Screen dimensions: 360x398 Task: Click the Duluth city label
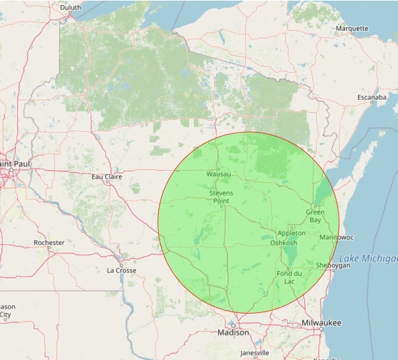71,7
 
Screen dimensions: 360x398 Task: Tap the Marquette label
352,29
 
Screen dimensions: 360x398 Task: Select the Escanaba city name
372,97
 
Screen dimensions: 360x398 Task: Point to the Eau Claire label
107,177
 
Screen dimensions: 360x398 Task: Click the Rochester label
49,243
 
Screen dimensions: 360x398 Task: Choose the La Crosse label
122,271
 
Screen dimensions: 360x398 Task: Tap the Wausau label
219,174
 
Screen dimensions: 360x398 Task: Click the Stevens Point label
221,197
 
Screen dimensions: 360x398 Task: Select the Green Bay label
315,216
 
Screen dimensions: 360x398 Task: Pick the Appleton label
292,233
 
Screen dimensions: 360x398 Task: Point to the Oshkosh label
284,243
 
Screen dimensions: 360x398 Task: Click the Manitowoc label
337,237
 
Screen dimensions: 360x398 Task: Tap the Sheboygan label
333,265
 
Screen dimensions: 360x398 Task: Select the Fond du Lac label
289,278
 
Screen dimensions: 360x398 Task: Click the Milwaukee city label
321,323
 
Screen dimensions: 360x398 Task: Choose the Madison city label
233,333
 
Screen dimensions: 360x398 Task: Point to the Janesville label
254,353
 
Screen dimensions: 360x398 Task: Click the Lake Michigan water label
368,259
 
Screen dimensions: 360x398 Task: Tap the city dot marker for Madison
233,326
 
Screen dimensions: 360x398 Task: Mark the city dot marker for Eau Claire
107,182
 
